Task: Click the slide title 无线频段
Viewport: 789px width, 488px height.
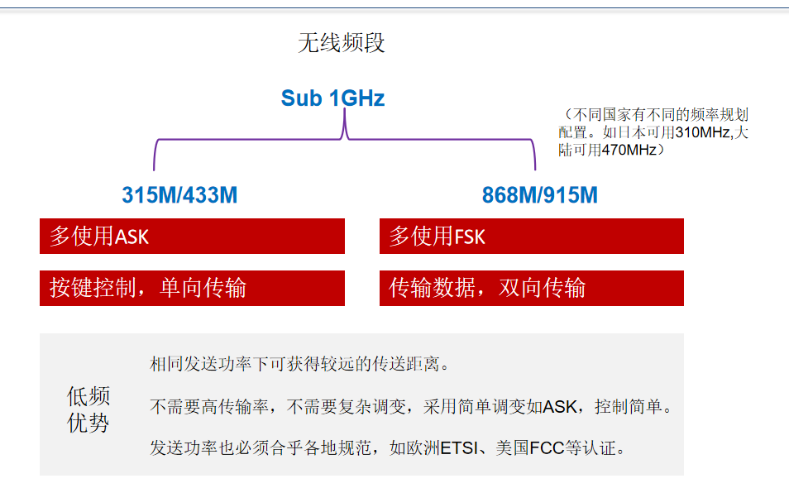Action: [x=342, y=43]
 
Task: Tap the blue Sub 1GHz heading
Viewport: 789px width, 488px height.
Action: [x=332, y=98]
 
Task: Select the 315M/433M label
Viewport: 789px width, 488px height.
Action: [x=179, y=195]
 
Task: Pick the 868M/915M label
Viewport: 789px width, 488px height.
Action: [x=540, y=195]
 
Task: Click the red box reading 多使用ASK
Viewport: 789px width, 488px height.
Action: [x=192, y=237]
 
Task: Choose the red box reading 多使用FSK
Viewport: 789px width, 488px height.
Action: [x=531, y=237]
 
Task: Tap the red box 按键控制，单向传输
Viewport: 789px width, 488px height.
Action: [x=192, y=288]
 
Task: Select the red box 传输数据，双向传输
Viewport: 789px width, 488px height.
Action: [x=531, y=288]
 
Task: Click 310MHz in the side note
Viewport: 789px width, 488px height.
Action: [x=705, y=132]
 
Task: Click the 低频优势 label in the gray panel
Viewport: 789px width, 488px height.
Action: [x=88, y=409]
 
